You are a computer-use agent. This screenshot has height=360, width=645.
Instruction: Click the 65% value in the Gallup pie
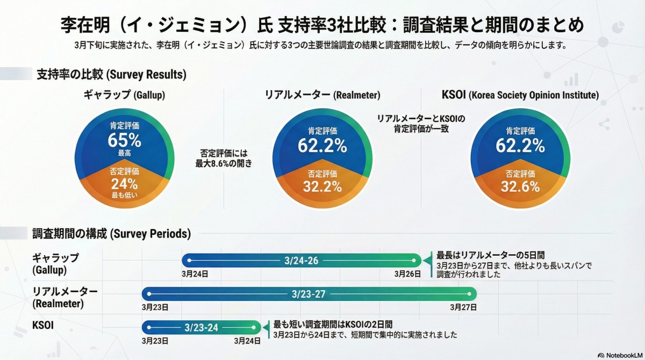[124, 141]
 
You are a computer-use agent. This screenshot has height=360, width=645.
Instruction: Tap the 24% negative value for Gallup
[124, 184]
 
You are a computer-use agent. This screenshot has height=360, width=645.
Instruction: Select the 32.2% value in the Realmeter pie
[322, 186]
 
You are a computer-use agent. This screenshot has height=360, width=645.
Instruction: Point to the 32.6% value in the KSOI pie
[520, 186]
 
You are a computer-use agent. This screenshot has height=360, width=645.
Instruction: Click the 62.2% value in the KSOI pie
[520, 145]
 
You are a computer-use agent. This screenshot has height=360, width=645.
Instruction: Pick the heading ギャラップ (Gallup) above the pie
[124, 95]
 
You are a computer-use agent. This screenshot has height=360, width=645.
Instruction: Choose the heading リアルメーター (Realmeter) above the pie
[322, 95]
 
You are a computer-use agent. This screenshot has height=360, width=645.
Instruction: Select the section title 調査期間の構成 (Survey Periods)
[111, 234]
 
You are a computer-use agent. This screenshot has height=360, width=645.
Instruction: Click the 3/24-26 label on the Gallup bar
[301, 261]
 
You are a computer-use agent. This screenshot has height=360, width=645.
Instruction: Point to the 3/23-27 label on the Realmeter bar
[309, 294]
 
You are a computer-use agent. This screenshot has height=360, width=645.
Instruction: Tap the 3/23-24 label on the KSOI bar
[201, 327]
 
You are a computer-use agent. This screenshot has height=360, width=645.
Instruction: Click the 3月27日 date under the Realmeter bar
[463, 307]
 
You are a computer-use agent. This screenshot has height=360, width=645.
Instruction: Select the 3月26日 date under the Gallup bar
[407, 273]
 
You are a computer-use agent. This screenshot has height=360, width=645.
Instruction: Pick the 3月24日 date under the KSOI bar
[247, 340]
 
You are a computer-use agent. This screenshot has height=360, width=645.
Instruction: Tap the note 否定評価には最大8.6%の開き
[224, 158]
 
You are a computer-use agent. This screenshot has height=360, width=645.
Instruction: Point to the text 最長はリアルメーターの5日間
[491, 255]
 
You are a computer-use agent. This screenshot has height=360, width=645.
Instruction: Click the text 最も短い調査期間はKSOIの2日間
[333, 324]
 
